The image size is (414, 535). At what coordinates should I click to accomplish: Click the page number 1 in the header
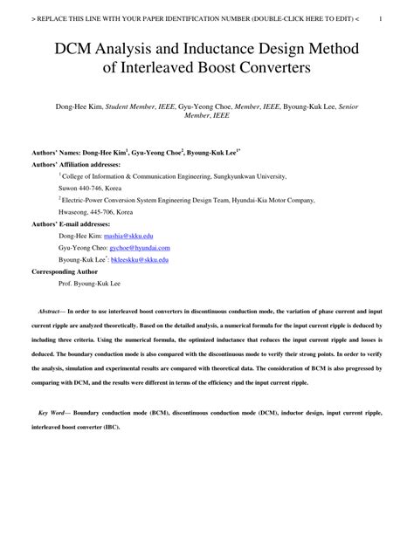(392, 15)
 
